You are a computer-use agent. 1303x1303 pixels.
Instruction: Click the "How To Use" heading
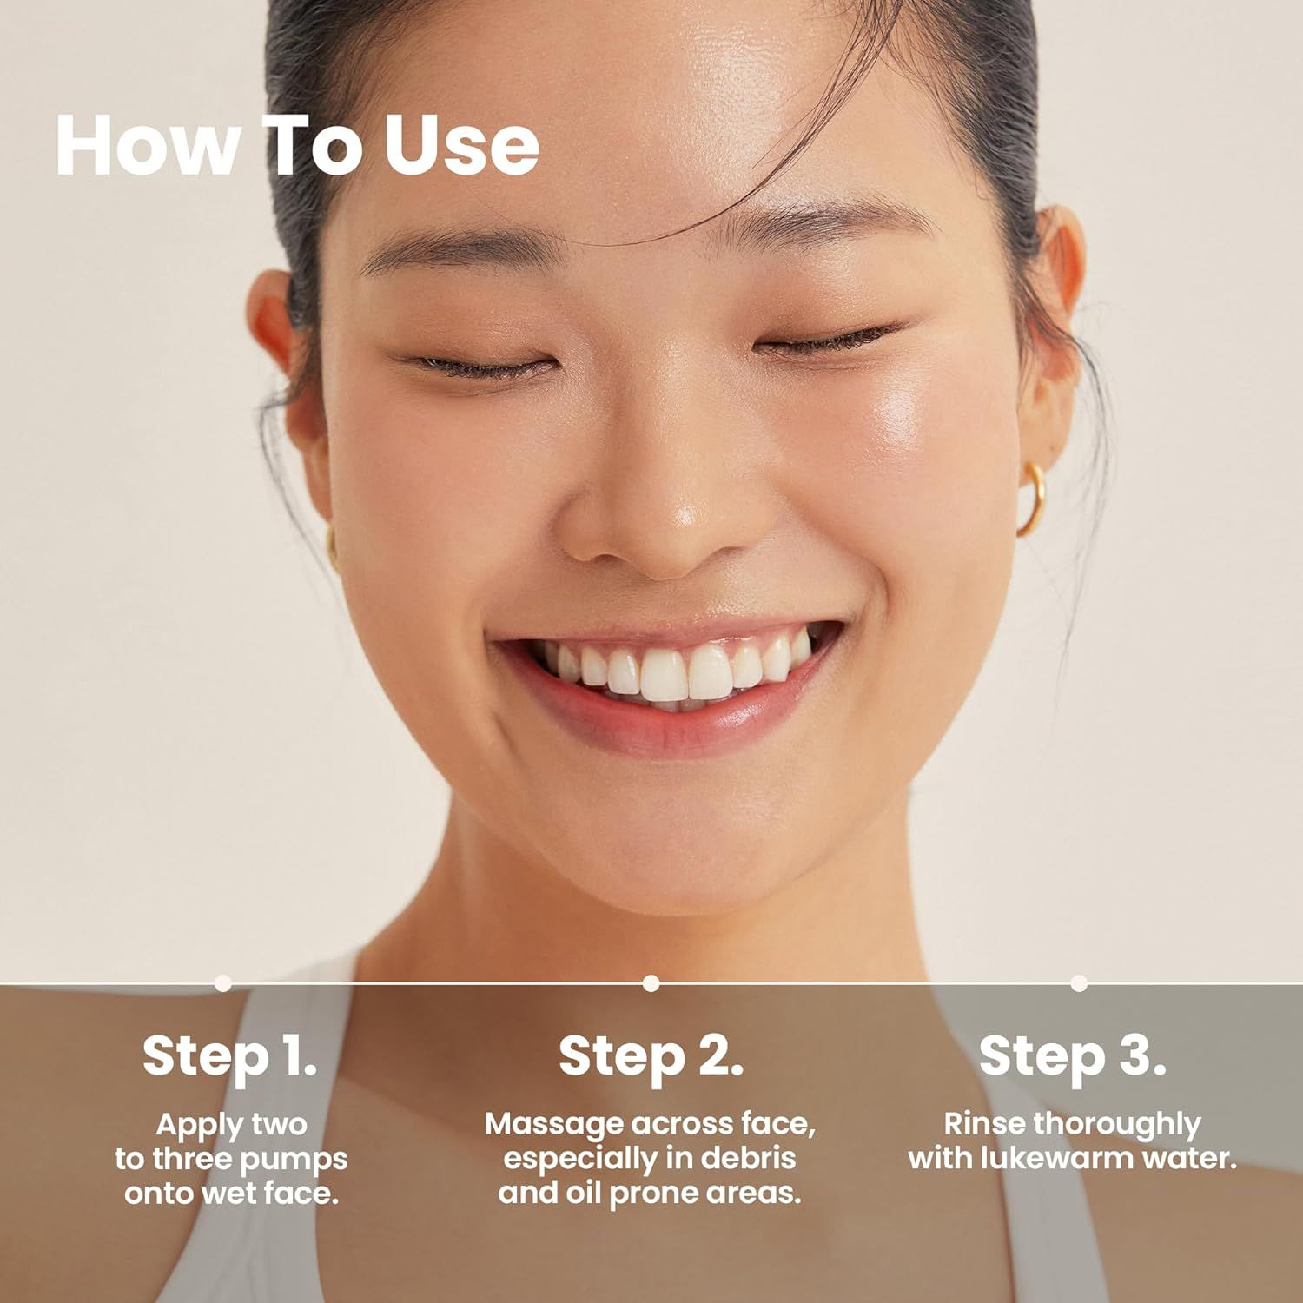coord(297,144)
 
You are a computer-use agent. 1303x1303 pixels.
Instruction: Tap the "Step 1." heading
coord(229,1055)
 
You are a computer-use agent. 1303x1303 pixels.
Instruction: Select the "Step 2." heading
coord(651,1055)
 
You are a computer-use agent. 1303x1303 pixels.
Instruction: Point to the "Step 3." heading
coord(1072,1055)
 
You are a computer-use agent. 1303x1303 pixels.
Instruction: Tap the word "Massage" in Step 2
coord(554,1124)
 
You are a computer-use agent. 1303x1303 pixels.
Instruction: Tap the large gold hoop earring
coord(1033,499)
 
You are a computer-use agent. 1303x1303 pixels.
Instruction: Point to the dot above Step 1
coord(223,983)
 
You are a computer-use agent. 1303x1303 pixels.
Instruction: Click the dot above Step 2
coord(651,983)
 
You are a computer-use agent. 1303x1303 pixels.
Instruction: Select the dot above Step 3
coord(1079,983)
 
